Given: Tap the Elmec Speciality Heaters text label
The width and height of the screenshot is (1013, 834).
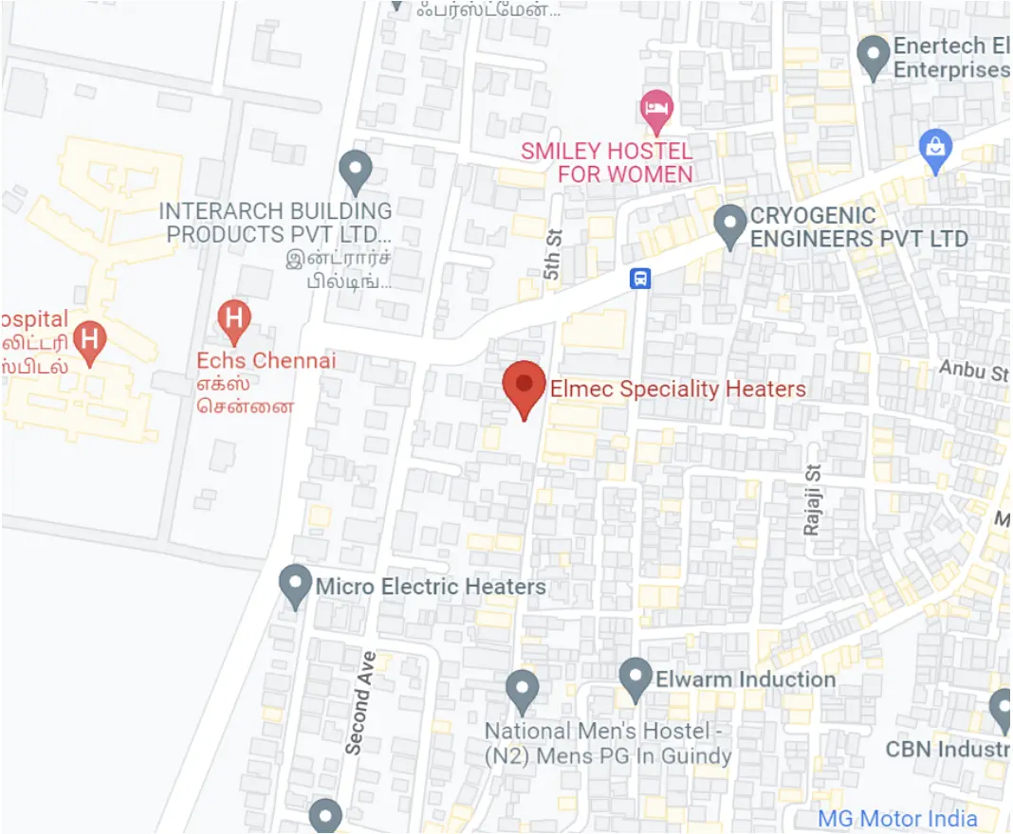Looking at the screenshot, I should click(x=677, y=389).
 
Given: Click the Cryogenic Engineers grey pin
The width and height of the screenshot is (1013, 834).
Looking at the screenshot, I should click(x=730, y=226).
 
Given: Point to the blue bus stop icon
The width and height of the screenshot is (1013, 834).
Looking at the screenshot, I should click(x=641, y=279).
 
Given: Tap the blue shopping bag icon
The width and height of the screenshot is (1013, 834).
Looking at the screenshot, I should click(x=935, y=149).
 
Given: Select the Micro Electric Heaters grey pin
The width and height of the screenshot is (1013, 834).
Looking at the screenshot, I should click(x=296, y=585).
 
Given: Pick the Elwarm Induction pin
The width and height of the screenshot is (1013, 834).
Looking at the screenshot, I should click(x=635, y=679).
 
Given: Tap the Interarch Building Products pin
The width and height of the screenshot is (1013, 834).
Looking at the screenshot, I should click(x=355, y=172).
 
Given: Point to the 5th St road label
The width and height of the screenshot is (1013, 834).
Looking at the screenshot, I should click(x=554, y=254).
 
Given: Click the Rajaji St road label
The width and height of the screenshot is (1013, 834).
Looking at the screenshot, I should click(x=812, y=500).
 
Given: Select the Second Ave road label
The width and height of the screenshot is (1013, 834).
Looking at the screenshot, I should click(x=360, y=702).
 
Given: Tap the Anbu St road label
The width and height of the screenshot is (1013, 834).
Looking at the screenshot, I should click(x=973, y=370).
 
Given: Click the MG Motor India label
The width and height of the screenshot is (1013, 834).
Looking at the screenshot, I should click(x=897, y=818).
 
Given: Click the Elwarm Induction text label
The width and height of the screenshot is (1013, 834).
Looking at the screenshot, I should click(x=746, y=680).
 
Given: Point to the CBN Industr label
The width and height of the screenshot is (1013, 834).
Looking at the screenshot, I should click(x=947, y=750).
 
